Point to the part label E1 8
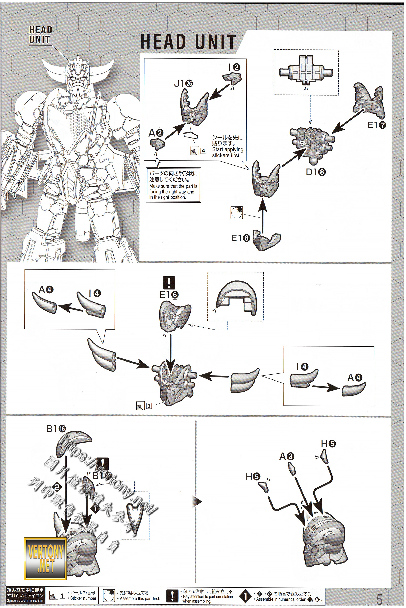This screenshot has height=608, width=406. pos(241,238)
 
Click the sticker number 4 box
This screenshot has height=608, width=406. pos(203,151)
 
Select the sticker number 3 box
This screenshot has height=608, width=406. pos(149,406)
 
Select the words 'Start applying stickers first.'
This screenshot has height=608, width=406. pos(228,152)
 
